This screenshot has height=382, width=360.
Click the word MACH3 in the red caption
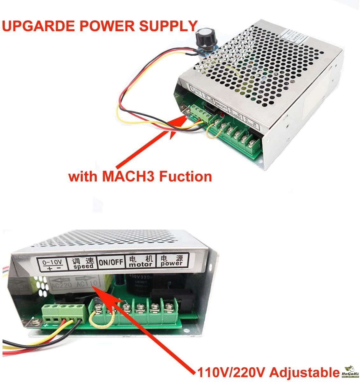pos(130,176)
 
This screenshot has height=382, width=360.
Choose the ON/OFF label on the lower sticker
pos(111,262)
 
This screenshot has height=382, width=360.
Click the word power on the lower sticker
pos(172,263)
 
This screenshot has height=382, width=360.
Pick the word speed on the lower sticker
pos(83,266)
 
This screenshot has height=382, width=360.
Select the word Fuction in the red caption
pos(185,176)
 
